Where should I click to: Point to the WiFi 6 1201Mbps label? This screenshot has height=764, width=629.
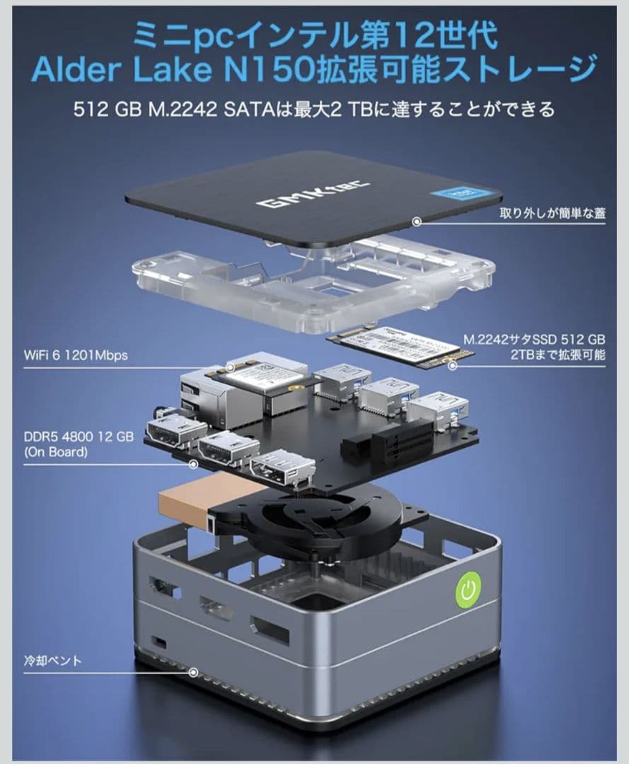(x=75, y=355)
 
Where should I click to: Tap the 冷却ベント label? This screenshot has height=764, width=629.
(x=52, y=661)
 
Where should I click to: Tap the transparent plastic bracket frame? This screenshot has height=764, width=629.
(x=311, y=279)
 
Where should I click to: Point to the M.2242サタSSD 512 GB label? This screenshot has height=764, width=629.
(x=535, y=347)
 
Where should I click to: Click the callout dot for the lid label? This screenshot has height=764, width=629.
(x=417, y=221)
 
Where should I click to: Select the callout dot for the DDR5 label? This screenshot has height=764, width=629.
(x=193, y=465)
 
